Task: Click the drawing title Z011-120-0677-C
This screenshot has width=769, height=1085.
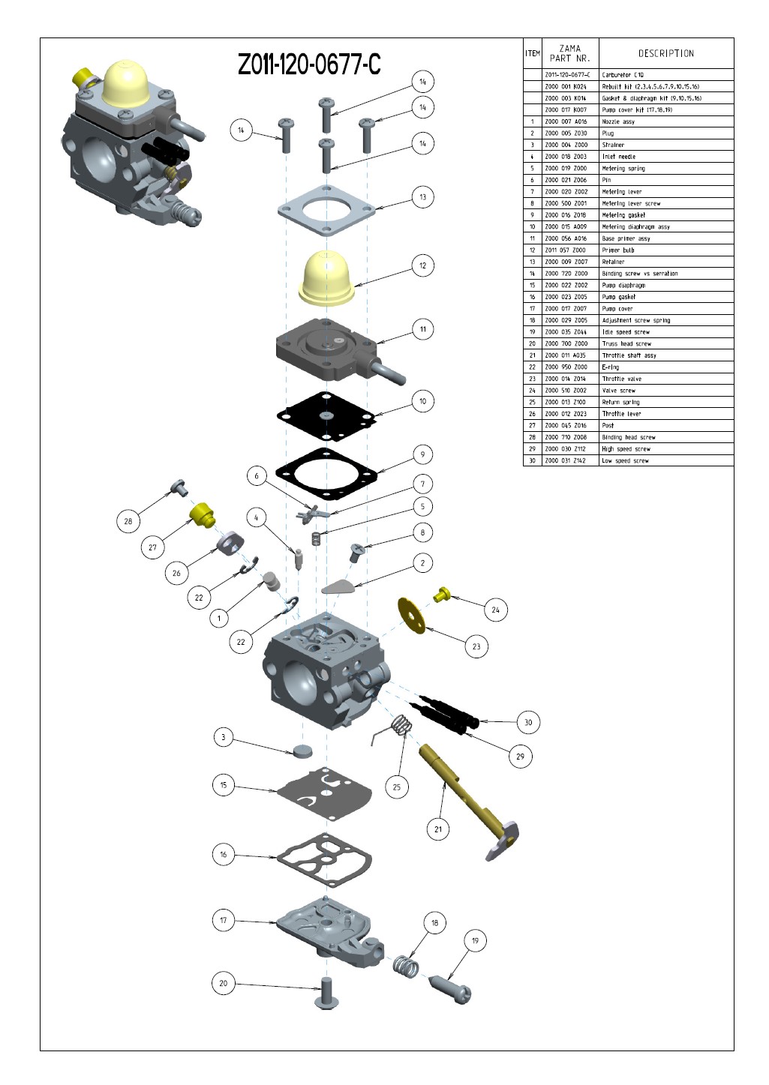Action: (309, 64)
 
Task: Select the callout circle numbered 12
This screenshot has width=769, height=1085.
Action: (422, 265)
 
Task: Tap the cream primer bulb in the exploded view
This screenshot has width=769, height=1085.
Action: (327, 278)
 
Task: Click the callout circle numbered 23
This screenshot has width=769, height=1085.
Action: (476, 646)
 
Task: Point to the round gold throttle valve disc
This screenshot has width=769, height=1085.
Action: (411, 616)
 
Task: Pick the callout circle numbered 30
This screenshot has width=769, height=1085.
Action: (528, 722)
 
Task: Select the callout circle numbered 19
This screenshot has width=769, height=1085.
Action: (475, 940)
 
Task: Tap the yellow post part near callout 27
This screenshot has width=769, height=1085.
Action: (202, 515)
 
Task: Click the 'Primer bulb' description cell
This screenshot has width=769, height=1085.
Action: (666, 250)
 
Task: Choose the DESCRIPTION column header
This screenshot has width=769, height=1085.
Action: (666, 53)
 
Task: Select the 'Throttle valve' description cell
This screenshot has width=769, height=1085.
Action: (666, 379)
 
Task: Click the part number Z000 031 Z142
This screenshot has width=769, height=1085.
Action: (566, 460)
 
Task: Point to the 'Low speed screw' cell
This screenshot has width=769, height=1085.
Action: (666, 460)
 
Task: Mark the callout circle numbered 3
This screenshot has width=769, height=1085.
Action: (223, 737)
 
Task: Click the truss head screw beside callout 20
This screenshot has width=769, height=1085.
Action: (327, 994)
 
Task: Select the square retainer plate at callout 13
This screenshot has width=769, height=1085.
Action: (327, 210)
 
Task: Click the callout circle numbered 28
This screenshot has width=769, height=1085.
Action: (128, 521)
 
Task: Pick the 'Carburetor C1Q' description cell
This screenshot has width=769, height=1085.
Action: (666, 74)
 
